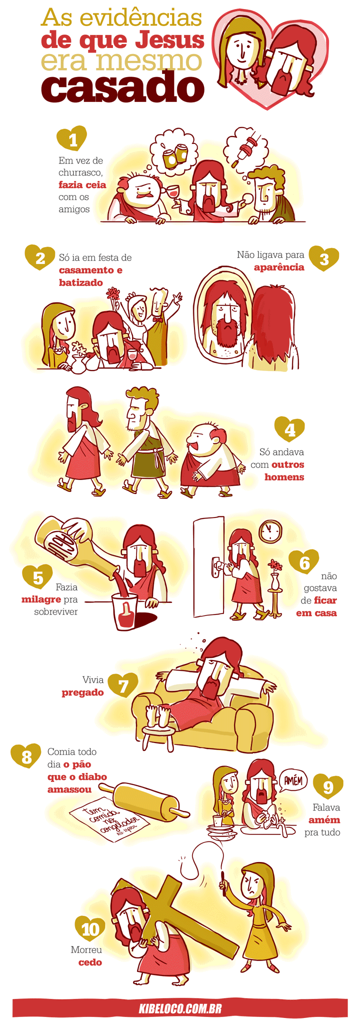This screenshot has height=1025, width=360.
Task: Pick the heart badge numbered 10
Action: (90, 929)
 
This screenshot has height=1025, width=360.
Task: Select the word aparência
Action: (279, 267)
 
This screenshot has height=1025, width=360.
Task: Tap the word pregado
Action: (83, 692)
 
